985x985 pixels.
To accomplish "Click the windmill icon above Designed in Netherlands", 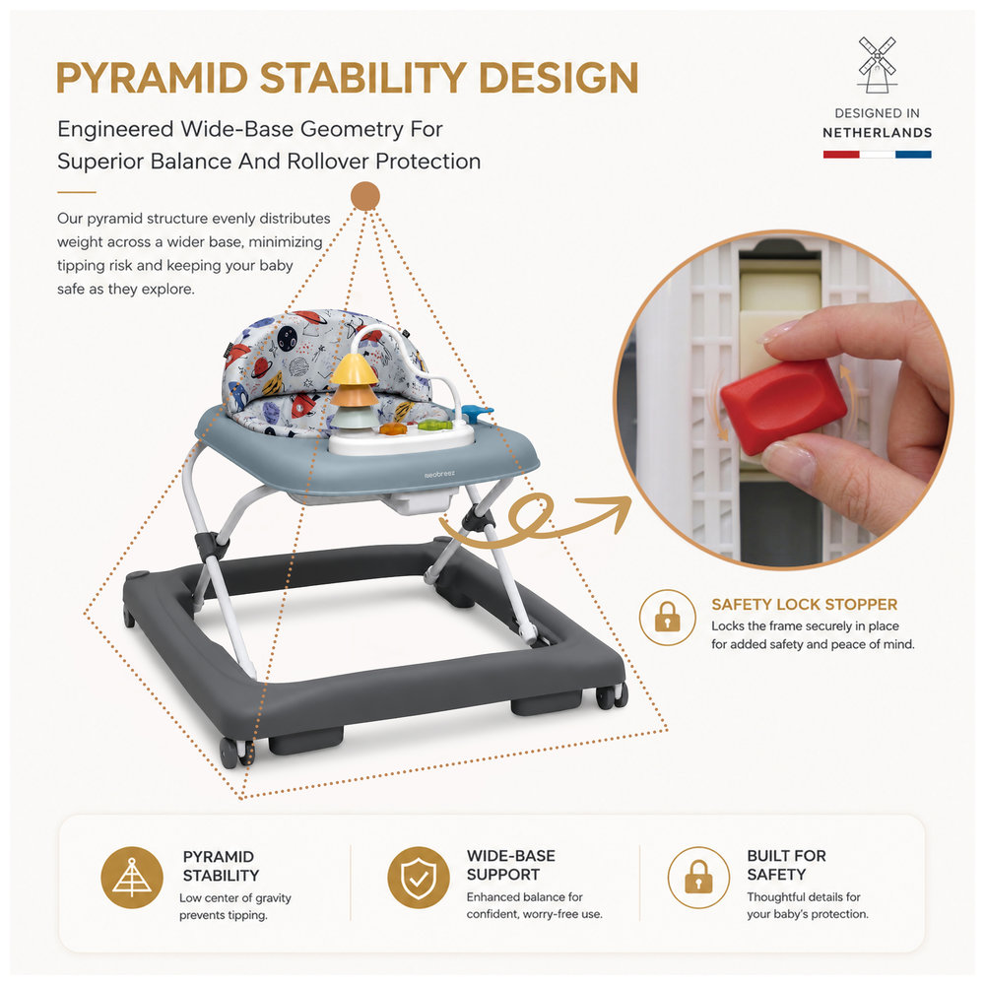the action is pos(877,65).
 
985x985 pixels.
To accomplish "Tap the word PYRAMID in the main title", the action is pos(153,78).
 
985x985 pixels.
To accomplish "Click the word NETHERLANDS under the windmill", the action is pos(877,133).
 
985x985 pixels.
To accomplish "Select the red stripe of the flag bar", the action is pos(841,155).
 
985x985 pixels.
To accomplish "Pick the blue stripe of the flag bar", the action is pos(913,155).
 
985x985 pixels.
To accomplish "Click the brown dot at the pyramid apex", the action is pos(365,195).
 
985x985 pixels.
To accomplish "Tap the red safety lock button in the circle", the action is pos(783,406).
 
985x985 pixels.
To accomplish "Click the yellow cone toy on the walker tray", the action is pos(355,368).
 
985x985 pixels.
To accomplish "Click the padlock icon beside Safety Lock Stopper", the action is pos(667,618).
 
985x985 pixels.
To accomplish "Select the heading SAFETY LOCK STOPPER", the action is pos(804,605).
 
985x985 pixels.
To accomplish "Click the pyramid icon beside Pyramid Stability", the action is pos(132,877).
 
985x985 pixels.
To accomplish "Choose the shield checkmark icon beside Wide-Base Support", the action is pos(419,877).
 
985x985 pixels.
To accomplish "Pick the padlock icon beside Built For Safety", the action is pos(698,877).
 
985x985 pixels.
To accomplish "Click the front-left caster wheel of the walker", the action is pos(235,753).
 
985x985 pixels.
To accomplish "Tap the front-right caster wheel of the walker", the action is pos(612,696).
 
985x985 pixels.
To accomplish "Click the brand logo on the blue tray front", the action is pos(439,475).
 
